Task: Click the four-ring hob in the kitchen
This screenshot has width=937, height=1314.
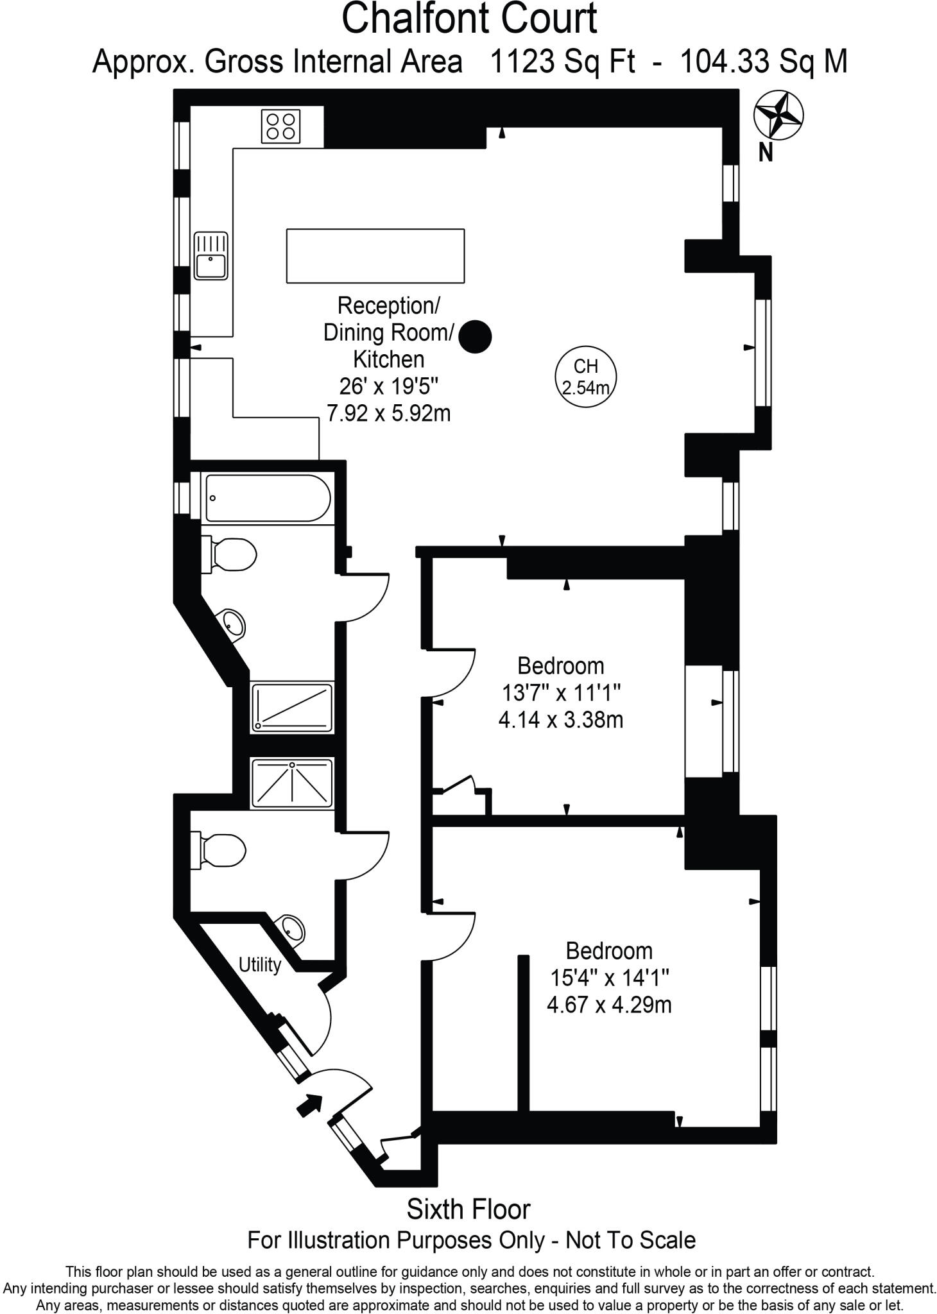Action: point(280,126)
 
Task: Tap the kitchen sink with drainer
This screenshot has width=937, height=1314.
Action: point(211,255)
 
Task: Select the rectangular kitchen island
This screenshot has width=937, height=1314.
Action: point(375,255)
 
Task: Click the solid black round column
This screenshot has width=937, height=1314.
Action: point(476,336)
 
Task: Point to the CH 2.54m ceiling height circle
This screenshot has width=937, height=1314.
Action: point(585,377)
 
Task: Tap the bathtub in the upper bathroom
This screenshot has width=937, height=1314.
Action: point(268,498)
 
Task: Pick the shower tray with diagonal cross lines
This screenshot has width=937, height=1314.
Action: point(292,783)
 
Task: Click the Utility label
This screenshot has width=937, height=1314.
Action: point(260,964)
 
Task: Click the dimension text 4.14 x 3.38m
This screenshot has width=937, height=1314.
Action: point(560,719)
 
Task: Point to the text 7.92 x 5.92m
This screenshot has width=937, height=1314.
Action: point(388,413)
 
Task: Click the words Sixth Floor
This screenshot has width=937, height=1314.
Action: point(468,1209)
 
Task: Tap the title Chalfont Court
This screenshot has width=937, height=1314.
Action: point(468,19)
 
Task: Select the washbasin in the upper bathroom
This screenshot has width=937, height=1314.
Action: point(234,622)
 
